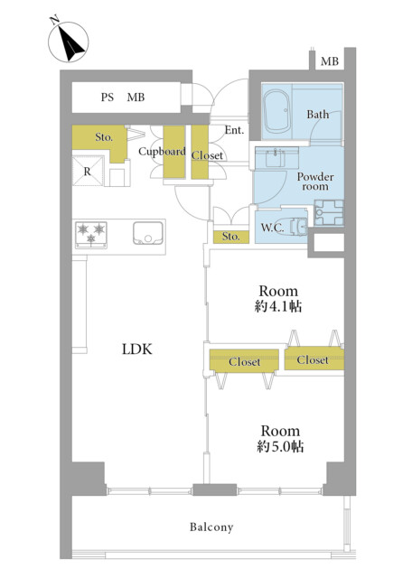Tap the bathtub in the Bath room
[x=277, y=112]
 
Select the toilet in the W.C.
[x=298, y=226]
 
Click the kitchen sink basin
[x=148, y=233]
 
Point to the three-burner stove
[x=91, y=235]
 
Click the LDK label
[x=136, y=350]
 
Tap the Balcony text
[x=211, y=527]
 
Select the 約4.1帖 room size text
[x=278, y=306]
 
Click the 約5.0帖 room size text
[x=280, y=447]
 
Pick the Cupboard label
[x=162, y=152]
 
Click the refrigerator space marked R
[x=88, y=171]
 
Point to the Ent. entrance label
[x=234, y=130]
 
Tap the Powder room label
[x=315, y=182]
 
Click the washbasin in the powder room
[x=276, y=159]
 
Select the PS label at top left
[x=108, y=98]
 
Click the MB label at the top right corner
[x=330, y=61]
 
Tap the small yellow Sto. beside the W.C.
[x=231, y=237]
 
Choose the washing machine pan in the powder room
[x=329, y=213]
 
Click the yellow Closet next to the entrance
[x=200, y=153]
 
